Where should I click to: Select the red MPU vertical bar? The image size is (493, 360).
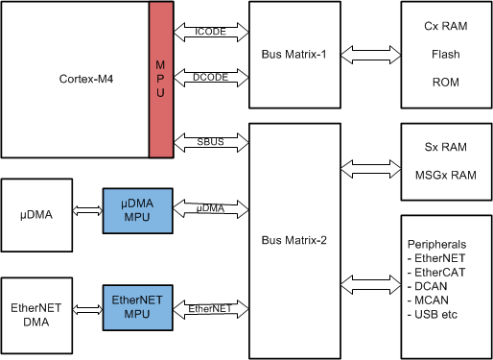[160, 79]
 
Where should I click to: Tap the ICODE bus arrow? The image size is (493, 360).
[210, 32]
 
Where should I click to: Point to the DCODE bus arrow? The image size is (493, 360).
[210, 78]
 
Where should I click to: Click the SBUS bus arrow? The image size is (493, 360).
[210, 143]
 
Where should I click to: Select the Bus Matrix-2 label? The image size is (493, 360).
[294, 239]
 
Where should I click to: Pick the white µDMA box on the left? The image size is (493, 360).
[37, 209]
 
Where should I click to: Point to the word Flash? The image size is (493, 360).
[444, 55]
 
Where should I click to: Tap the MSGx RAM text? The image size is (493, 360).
[444, 175]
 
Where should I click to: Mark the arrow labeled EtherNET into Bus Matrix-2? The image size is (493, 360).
[210, 307]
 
